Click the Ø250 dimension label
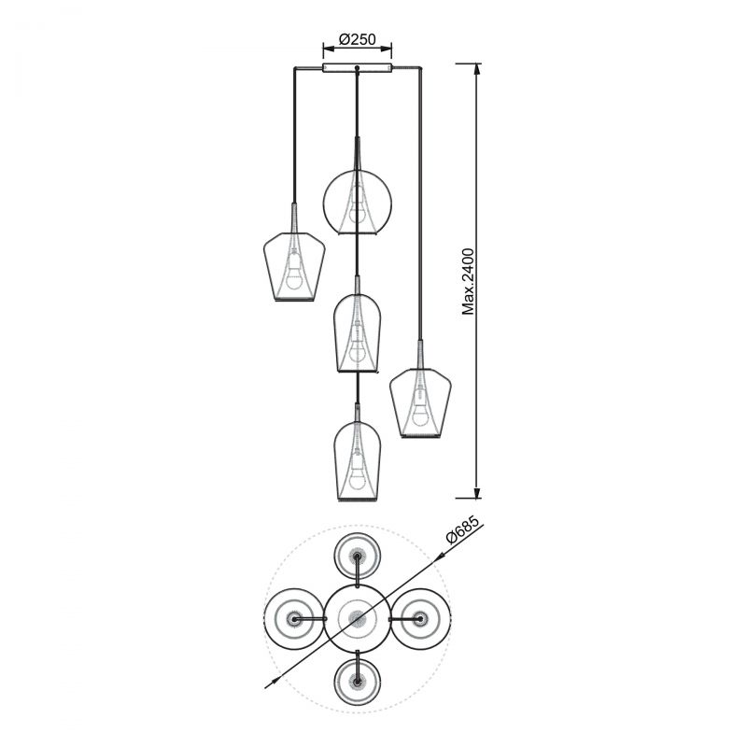tap(358, 39)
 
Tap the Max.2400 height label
tap(469, 282)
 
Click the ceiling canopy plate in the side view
tap(358, 67)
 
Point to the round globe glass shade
tap(358, 203)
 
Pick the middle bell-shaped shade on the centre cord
tap(358, 333)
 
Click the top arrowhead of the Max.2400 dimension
tap(477, 69)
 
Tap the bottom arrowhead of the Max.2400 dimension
tap(477, 492)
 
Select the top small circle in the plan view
tap(358, 557)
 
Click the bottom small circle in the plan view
tap(358, 682)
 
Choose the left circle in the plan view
tap(294, 619)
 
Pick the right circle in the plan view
tap(420, 619)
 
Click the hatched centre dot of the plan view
tap(358, 619)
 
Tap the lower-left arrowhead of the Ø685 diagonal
tap(271, 684)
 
